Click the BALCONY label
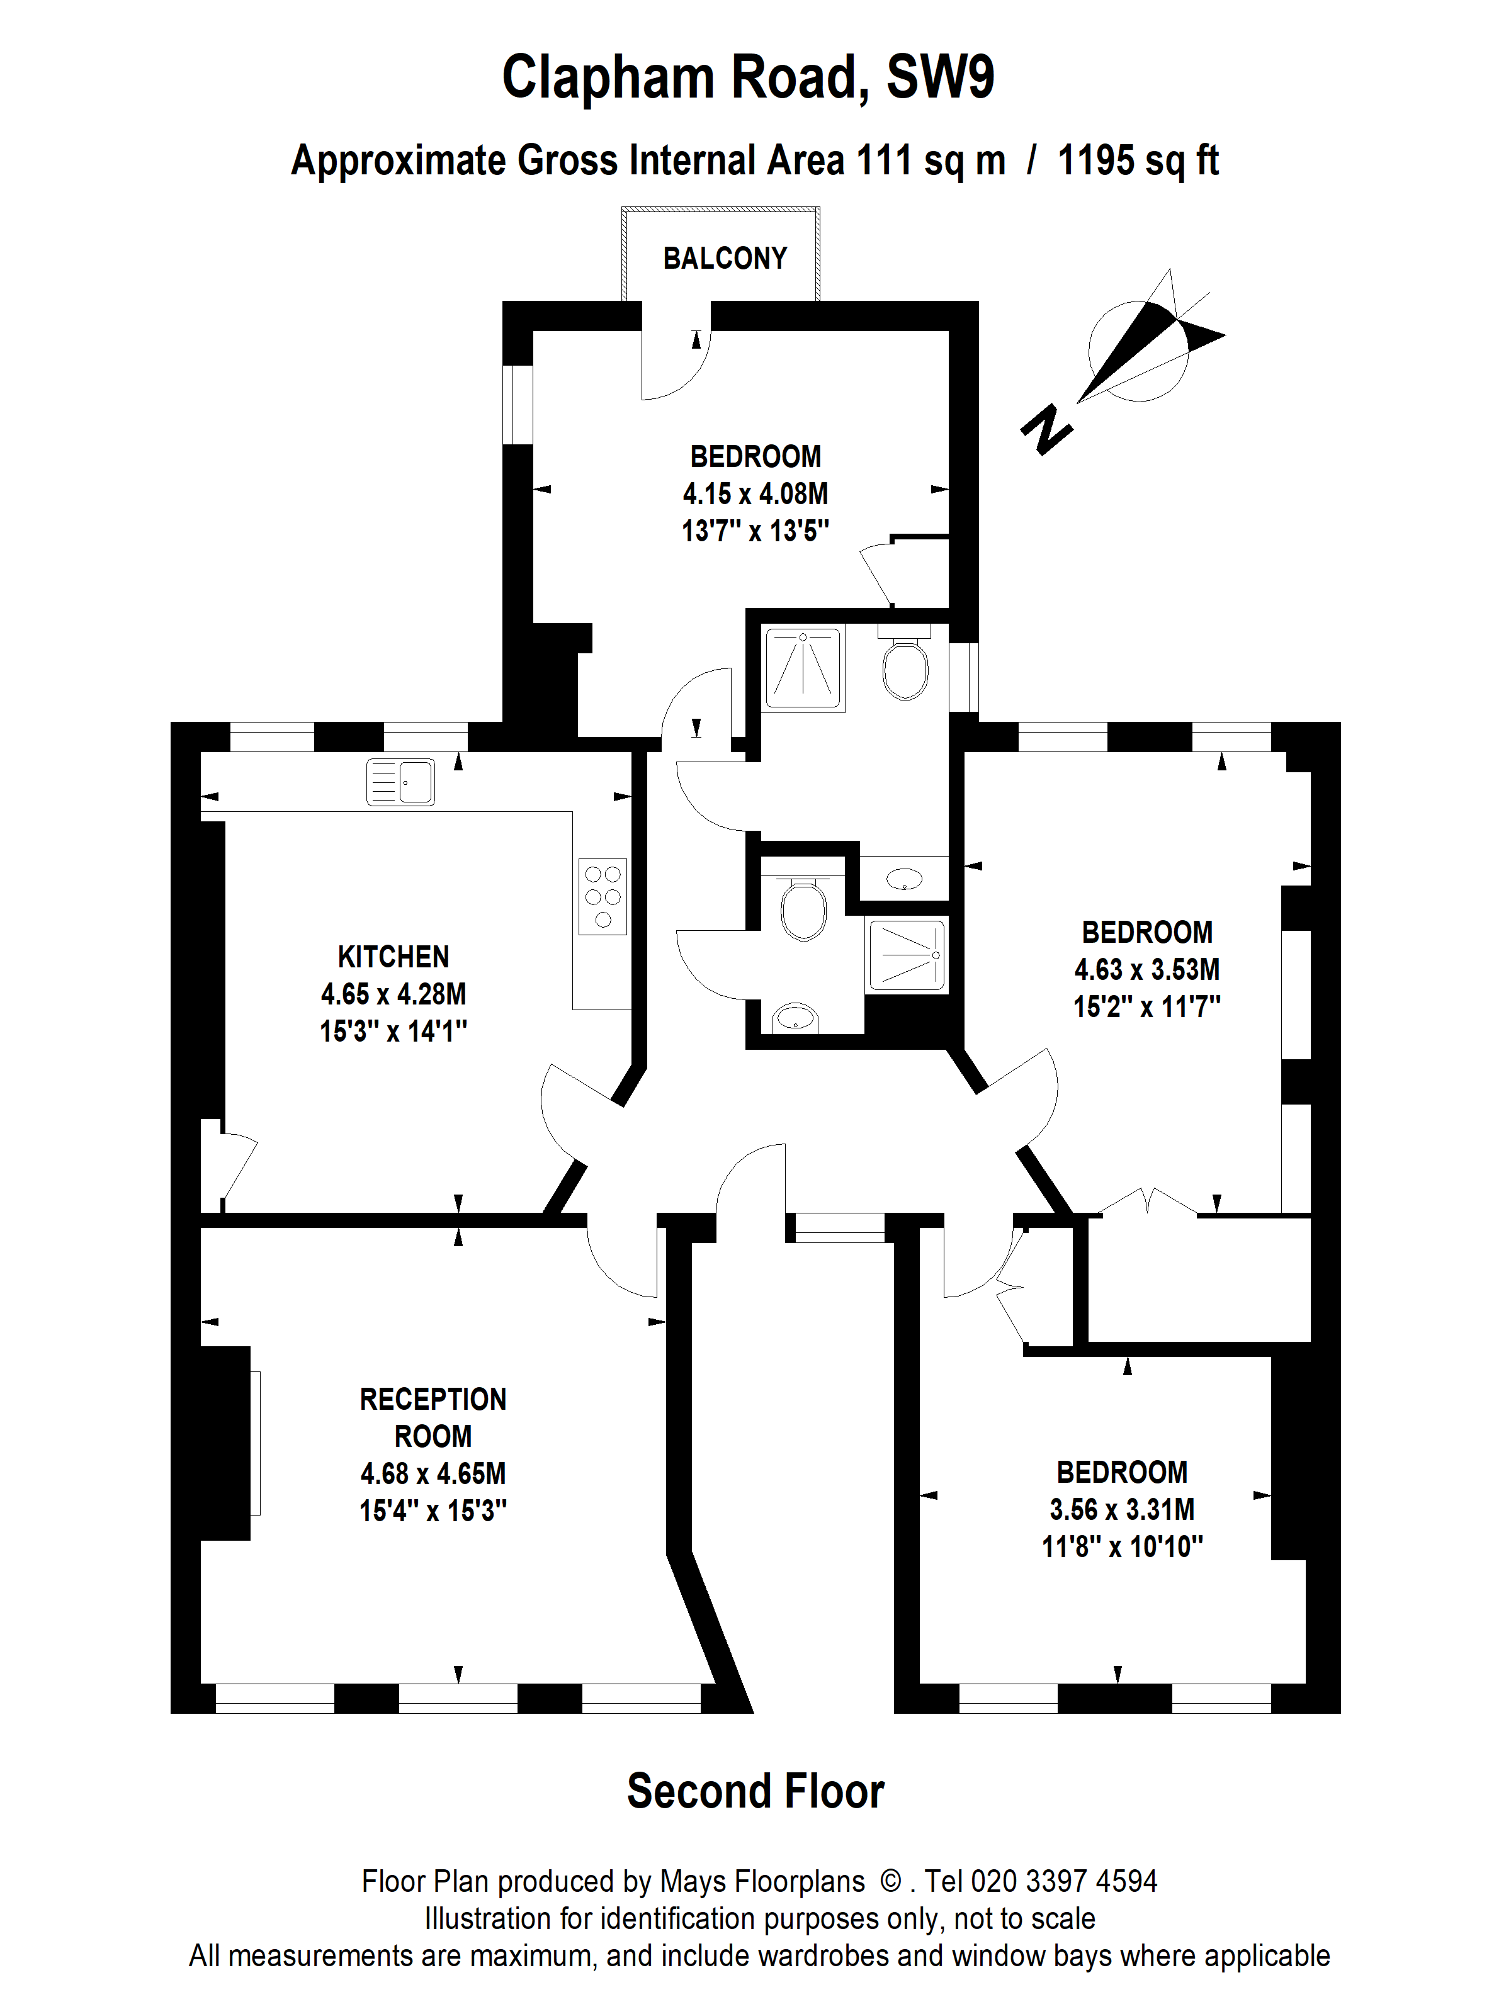[725, 259]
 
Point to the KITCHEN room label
[393, 957]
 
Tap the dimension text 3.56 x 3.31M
[1122, 1510]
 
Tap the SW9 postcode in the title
[940, 78]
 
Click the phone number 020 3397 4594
[1064, 1882]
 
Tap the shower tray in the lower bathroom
[907, 955]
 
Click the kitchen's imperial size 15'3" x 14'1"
[393, 1032]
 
